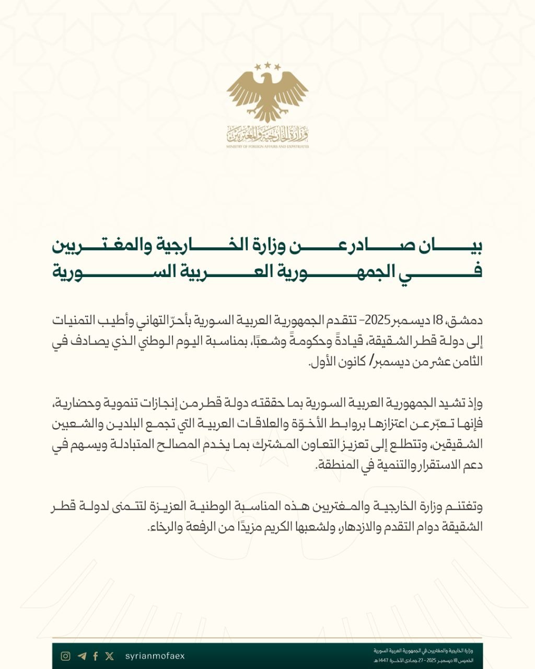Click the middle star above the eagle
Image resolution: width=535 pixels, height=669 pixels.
click(267, 65)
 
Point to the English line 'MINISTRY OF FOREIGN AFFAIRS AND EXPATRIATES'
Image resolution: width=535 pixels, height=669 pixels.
click(267, 147)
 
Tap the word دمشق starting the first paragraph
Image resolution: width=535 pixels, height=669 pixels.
click(467, 320)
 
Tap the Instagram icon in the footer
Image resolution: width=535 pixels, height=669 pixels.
click(65, 656)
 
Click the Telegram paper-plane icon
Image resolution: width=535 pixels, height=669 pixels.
click(81, 656)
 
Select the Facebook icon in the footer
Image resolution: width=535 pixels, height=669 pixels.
click(95, 656)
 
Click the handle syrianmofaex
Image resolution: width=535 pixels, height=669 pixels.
click(155, 656)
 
